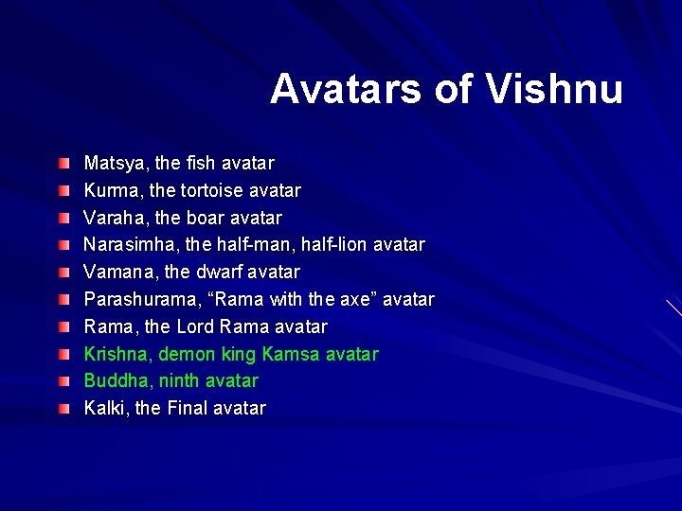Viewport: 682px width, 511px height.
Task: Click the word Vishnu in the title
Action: click(x=554, y=90)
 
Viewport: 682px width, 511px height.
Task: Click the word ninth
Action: click(x=180, y=381)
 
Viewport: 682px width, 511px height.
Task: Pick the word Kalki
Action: click(x=104, y=409)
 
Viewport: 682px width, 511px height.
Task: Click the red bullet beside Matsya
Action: click(x=63, y=165)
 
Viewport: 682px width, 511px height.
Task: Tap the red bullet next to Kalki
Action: click(x=63, y=410)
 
